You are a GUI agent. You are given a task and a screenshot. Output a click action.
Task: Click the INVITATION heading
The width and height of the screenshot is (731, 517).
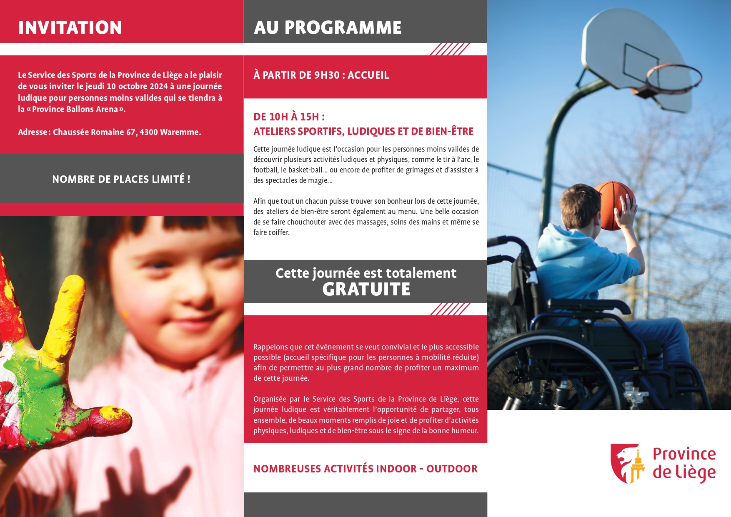point(70,27)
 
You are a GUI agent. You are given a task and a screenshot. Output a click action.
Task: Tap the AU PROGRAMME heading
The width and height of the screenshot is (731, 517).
point(328,27)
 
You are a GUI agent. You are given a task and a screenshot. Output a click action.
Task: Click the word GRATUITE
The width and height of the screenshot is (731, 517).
point(366,289)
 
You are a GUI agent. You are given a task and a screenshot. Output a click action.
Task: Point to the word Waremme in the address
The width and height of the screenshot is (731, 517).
point(180,132)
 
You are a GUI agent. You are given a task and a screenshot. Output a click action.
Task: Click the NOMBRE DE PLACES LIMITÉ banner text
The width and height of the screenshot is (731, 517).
point(121,179)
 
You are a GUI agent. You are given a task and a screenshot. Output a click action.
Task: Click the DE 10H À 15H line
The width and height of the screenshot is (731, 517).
point(289,117)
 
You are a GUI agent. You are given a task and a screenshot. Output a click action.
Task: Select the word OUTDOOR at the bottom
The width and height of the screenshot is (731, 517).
point(452,469)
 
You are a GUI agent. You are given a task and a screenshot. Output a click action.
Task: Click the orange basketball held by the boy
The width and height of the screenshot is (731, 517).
point(614,205)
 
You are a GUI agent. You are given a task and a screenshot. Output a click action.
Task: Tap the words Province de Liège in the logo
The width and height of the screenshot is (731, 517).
point(684,463)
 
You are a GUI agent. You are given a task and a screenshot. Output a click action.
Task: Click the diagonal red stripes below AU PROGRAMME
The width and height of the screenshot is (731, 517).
point(450,49)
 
